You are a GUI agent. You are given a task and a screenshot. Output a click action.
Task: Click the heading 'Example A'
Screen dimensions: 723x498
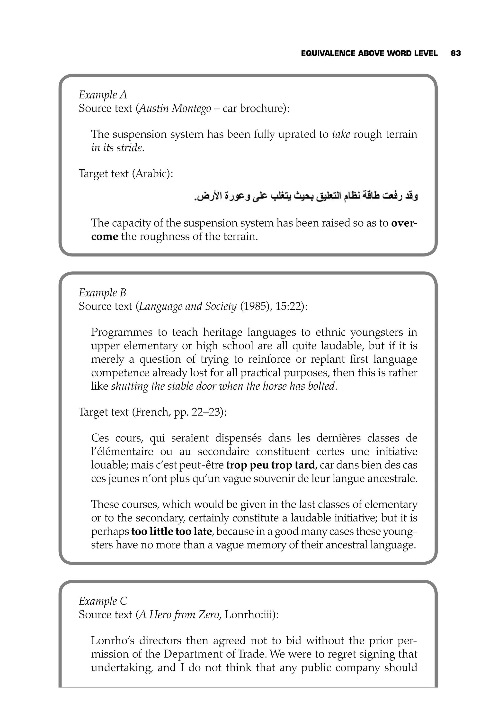click(x=103, y=95)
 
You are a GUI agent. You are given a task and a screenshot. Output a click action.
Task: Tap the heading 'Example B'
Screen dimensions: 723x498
click(x=102, y=293)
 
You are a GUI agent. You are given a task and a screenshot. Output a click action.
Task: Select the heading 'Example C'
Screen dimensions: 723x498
click(x=103, y=601)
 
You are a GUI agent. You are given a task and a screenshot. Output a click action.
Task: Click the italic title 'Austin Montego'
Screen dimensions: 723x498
click(x=175, y=108)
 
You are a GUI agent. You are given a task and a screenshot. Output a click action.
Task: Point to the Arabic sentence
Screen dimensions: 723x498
click(x=306, y=196)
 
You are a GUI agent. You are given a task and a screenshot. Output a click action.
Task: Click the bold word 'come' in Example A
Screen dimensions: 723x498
click(x=105, y=236)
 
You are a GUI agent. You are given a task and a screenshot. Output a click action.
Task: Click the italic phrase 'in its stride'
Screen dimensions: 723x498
click(x=117, y=148)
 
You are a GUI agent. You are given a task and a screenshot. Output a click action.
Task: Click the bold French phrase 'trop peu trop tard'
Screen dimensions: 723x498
click(x=270, y=465)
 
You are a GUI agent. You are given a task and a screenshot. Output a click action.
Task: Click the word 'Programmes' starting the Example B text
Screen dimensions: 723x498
click(x=122, y=332)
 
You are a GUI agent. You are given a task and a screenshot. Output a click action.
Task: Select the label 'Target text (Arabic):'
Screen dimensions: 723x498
click(x=126, y=174)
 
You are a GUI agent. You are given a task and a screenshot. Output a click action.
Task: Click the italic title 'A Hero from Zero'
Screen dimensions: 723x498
click(x=179, y=615)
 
